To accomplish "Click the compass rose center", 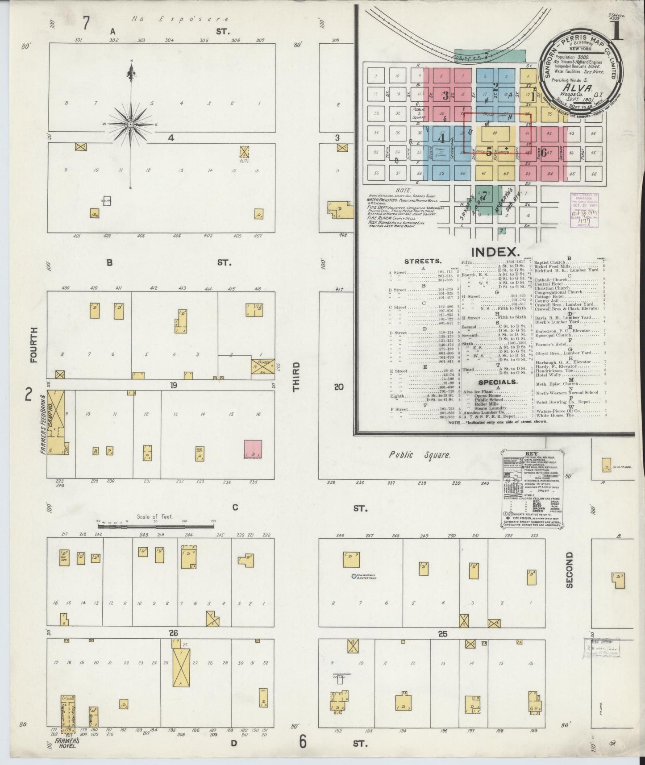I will pos(130,124).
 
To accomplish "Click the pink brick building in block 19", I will pos(253,449).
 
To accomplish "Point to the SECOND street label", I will pos(569,570).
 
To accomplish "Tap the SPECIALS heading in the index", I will pos(498,382).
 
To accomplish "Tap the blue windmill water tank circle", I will pos(354,576).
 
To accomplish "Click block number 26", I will pos(174,633).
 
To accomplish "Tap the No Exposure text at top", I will pos(180,19).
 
